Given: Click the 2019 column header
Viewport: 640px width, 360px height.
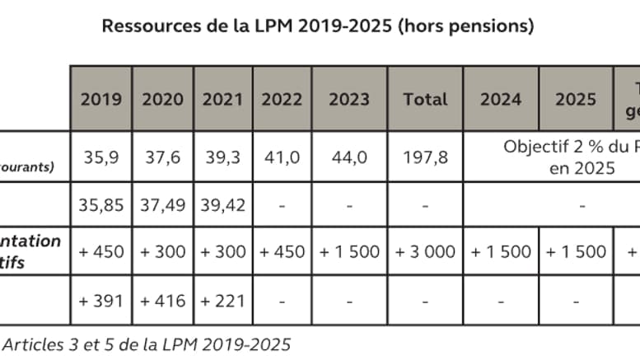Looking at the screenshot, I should point(100,99).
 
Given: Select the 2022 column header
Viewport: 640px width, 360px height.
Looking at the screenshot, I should point(282,99).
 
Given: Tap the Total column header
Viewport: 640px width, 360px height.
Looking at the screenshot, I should point(425,99).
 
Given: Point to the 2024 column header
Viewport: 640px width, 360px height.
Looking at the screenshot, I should point(501,99).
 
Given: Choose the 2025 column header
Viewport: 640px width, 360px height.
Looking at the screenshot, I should point(576,99).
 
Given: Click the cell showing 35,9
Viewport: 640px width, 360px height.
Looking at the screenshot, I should point(100,157).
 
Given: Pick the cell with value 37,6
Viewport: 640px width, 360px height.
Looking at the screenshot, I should point(162,157).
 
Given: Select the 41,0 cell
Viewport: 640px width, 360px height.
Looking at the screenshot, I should point(282,157).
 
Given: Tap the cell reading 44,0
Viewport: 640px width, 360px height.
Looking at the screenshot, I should point(349,157).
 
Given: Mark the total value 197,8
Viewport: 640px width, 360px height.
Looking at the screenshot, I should point(425,157).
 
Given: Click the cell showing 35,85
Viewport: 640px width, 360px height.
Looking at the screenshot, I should point(100,203).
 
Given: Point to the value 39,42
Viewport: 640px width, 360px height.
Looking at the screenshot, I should point(223,203).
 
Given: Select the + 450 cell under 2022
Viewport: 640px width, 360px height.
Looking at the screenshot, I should point(282,251).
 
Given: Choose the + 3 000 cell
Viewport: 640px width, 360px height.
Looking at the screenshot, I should point(425,251).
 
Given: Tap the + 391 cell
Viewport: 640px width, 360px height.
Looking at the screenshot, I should point(100,301).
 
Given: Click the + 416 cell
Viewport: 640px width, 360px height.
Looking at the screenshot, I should point(162,301).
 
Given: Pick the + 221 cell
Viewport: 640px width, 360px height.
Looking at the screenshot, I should point(223,301).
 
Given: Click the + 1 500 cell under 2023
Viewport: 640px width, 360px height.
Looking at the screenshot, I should point(349,251).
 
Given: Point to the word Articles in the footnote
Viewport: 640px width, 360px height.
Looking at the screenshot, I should point(30,344).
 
